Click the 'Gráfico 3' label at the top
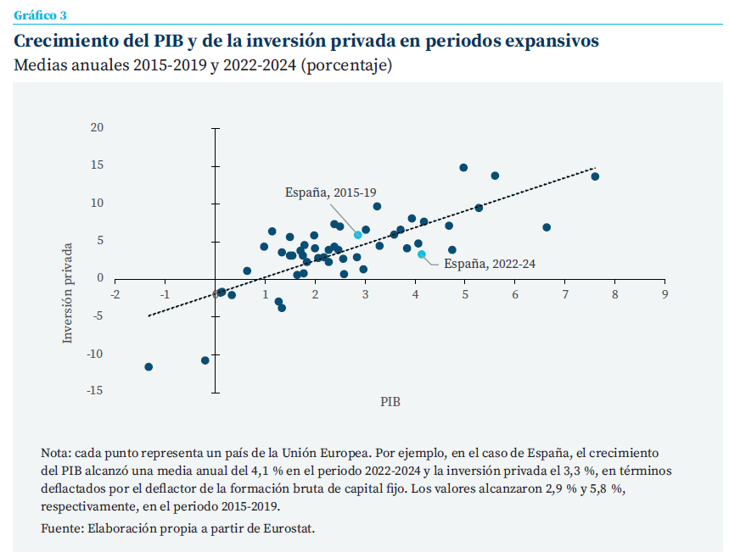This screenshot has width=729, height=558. (41, 14)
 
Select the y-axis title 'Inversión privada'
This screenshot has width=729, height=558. (68, 293)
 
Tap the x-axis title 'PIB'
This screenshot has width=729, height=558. (390, 402)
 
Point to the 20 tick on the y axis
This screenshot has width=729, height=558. (96, 128)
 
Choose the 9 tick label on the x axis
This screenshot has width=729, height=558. (665, 294)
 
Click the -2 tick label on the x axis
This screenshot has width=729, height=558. (115, 294)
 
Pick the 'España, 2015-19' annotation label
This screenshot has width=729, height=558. (330, 193)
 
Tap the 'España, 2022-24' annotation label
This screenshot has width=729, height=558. (490, 264)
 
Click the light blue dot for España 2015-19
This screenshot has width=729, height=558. (358, 235)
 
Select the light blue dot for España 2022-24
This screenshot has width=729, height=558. (422, 254)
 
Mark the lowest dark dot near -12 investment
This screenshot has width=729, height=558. (149, 367)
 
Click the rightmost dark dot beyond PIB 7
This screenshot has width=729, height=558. (595, 176)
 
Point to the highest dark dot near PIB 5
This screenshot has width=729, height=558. (463, 168)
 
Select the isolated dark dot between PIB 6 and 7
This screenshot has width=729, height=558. (547, 227)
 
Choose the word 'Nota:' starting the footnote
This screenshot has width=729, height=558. (56, 453)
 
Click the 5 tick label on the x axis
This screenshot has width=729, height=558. (465, 294)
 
